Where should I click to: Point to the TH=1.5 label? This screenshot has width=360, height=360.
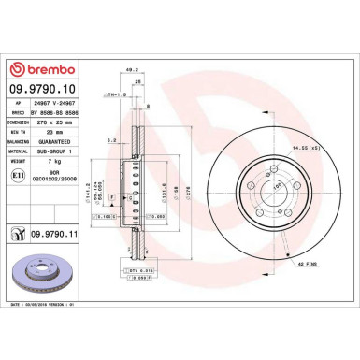(x=117, y=94)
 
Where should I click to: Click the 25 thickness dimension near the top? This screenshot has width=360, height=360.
(x=139, y=81)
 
